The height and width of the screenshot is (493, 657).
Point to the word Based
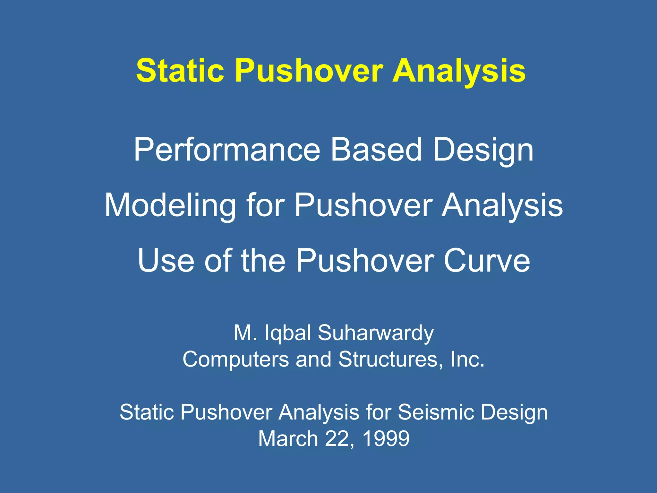click(x=376, y=150)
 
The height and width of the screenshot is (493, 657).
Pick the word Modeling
click(x=170, y=205)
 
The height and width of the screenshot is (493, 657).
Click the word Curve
click(x=487, y=260)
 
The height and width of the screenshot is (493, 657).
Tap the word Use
click(x=166, y=260)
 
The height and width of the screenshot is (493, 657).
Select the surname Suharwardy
click(x=376, y=333)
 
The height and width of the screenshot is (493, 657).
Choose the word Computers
click(x=236, y=359)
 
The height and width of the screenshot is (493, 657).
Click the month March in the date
click(x=288, y=438)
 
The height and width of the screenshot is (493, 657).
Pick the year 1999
click(x=386, y=438)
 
